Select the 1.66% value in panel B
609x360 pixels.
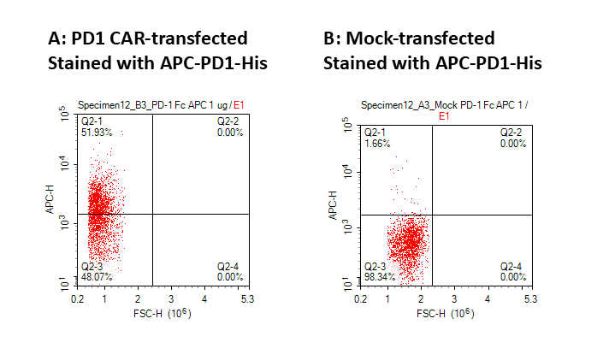click(376, 143)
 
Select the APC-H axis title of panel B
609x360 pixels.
click(334, 205)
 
